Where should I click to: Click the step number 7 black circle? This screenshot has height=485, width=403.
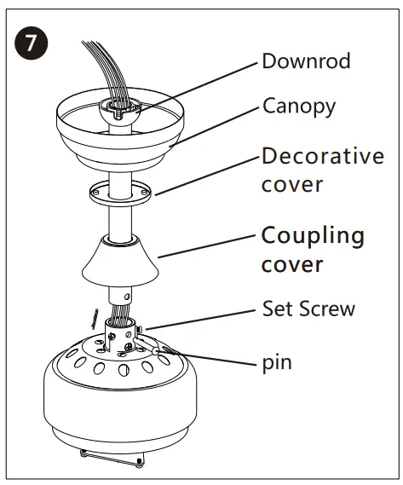pyautogui.click(x=31, y=43)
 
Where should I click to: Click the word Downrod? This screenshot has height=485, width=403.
pyautogui.click(x=306, y=61)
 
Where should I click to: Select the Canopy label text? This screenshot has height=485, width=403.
pyautogui.click(x=298, y=107)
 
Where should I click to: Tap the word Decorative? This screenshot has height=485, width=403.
pyautogui.click(x=322, y=156)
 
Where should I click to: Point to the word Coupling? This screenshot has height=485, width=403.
pyautogui.click(x=312, y=235)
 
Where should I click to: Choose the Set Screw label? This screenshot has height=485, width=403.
pyautogui.click(x=308, y=309)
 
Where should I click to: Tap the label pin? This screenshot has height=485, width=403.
pyautogui.click(x=277, y=362)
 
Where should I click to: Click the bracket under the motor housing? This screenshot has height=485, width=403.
pyautogui.click(x=111, y=459)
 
